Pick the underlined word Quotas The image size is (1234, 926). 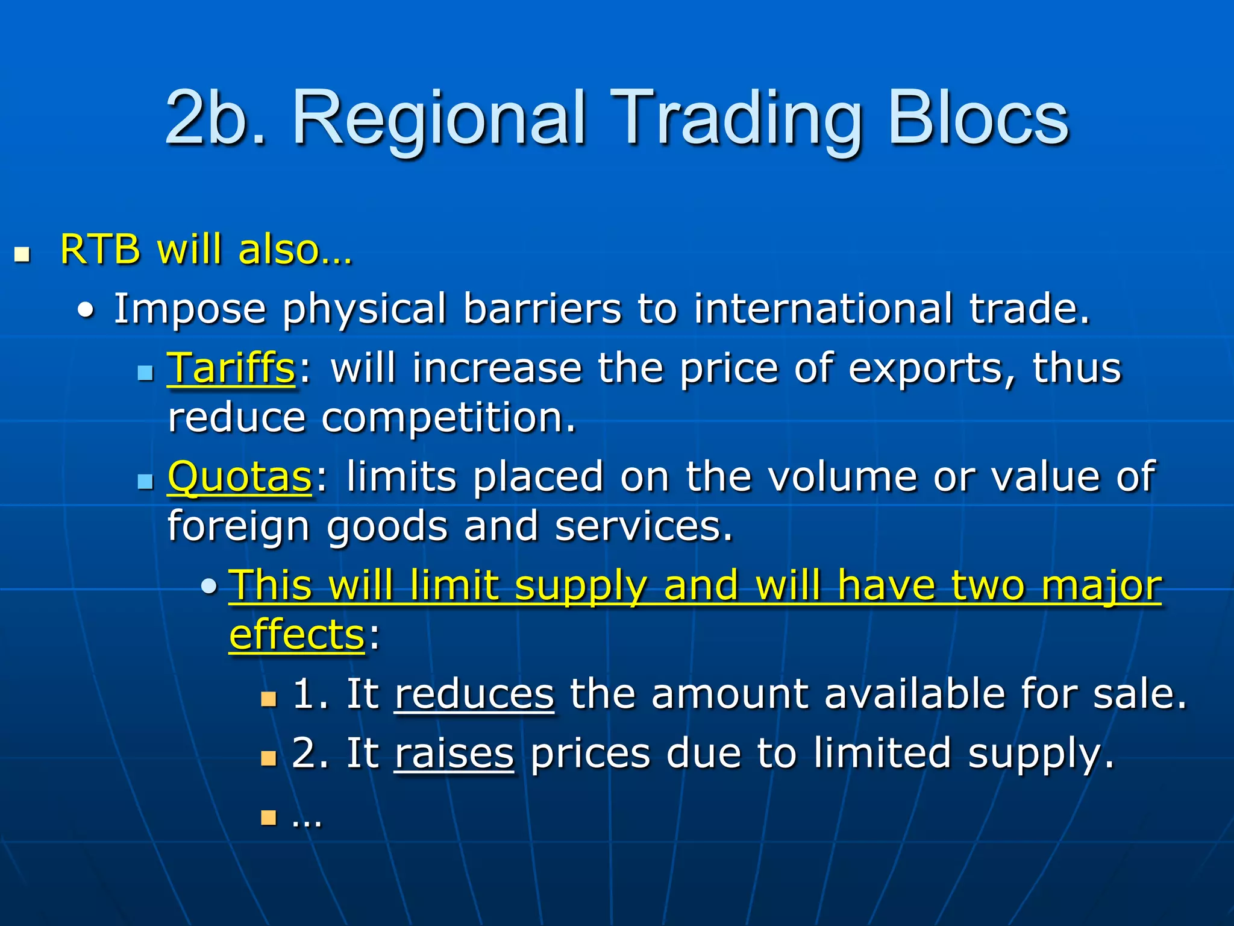click(x=240, y=477)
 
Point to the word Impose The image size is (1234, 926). click(x=190, y=309)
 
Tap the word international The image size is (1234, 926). click(x=823, y=308)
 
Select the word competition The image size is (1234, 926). click(x=448, y=418)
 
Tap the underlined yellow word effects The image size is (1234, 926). click(x=297, y=635)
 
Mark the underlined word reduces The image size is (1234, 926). click(x=474, y=694)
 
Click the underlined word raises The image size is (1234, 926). click(x=454, y=754)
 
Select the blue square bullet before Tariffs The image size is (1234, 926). click(x=145, y=373)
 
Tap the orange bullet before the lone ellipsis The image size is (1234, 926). click(x=268, y=818)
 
